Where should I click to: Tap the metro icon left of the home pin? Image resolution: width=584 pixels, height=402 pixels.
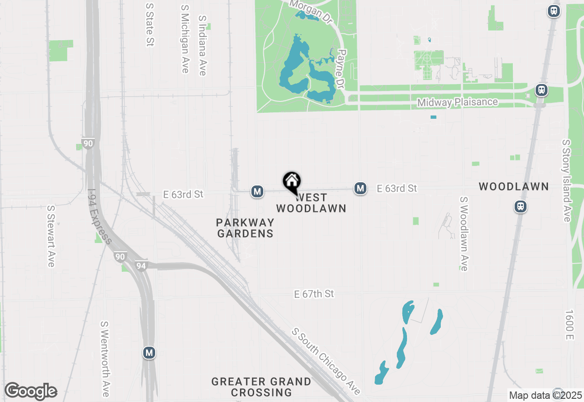tap(257, 191)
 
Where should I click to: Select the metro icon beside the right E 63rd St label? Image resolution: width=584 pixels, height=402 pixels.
tap(360, 188)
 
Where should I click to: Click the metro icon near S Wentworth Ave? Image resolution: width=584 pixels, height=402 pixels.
tap(149, 353)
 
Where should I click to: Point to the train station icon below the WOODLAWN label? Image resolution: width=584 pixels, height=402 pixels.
tap(521, 206)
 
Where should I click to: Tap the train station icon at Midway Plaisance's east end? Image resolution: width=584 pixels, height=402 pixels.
tap(542, 90)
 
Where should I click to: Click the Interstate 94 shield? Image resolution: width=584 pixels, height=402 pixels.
tap(141, 265)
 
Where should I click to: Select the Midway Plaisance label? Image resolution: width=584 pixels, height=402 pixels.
tap(457, 102)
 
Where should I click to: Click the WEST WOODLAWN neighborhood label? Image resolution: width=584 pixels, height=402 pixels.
tap(311, 203)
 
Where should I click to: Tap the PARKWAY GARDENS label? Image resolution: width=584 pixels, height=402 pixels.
tap(245, 228)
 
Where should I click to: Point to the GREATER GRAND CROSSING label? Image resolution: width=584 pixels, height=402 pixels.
tap(261, 387)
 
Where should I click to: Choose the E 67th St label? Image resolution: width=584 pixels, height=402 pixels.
tap(314, 294)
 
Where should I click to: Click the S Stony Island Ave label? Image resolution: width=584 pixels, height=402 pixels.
tap(566, 181)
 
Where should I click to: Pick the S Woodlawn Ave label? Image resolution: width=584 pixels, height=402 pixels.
tap(464, 233)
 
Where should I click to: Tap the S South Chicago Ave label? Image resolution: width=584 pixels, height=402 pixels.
tap(327, 361)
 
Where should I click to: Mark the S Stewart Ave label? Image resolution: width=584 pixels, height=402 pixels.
tap(51, 236)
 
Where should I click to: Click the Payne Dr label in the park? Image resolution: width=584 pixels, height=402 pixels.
tap(340, 69)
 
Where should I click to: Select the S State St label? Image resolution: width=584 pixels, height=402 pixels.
tap(149, 25)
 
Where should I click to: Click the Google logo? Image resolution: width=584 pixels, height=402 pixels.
tap(31, 391)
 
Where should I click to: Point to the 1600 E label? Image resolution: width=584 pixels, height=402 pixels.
tap(568, 325)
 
